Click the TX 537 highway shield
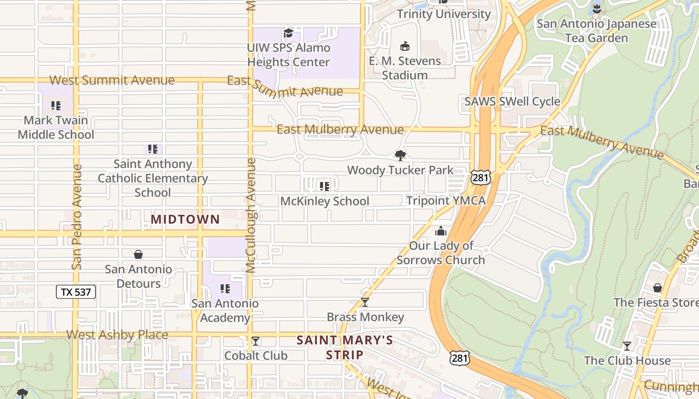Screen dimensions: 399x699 pyautogui.click(x=75, y=292)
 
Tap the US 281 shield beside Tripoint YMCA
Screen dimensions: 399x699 pyautogui.click(x=480, y=177)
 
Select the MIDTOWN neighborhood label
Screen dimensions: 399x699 pyautogui.click(x=185, y=219)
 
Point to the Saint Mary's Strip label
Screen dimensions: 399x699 pyautogui.click(x=345, y=348)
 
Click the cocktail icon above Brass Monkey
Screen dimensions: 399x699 pyautogui.click(x=365, y=302)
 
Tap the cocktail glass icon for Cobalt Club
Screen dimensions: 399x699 pyautogui.click(x=256, y=341)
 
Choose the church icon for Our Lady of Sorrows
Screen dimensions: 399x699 pyautogui.click(x=441, y=231)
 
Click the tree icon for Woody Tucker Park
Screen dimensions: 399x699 pyautogui.click(x=400, y=155)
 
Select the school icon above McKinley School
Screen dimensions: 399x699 pyautogui.click(x=325, y=187)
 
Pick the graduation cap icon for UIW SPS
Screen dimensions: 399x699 pyautogui.click(x=288, y=33)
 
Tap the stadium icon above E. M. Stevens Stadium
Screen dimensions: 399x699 pyautogui.click(x=405, y=46)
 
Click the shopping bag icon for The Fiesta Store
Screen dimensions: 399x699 pyautogui.click(x=658, y=288)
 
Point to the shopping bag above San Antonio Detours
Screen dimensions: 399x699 pyautogui.click(x=138, y=254)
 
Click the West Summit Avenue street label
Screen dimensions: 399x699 pyautogui.click(x=112, y=80)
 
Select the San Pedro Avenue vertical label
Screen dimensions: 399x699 pyautogui.click(x=76, y=217)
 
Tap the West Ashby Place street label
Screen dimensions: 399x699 pyautogui.click(x=117, y=335)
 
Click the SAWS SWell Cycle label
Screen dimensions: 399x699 pyautogui.click(x=512, y=102)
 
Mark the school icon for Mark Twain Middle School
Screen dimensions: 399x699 pyautogui.click(x=56, y=106)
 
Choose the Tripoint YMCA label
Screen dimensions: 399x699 pyautogui.click(x=445, y=200)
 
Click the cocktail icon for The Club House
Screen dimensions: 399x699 pyautogui.click(x=627, y=346)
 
